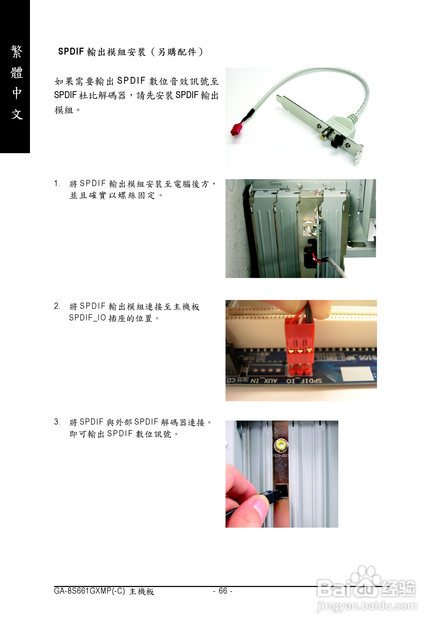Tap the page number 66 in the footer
pos(223,591)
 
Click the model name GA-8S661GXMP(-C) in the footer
pos(89,591)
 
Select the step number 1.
pos(57,183)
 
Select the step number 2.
pos(57,306)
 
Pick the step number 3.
pos(57,422)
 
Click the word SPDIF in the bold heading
pos(71,51)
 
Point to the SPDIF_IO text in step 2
pos(88,318)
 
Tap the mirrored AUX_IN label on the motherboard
pos(264,381)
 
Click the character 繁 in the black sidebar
pos(16,52)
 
